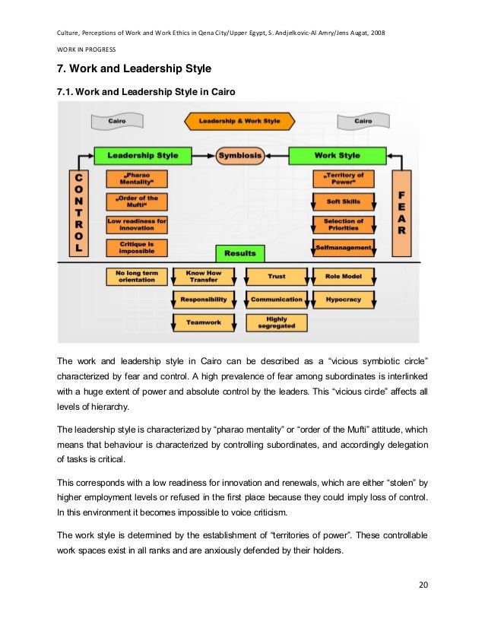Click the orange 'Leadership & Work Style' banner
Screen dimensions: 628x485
[239, 120]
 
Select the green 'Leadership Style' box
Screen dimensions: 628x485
[142, 155]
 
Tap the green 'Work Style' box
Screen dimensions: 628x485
[338, 155]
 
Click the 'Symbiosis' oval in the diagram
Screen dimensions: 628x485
[239, 155]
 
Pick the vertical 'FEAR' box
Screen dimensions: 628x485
[401, 212]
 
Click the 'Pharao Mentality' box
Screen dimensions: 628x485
[137, 179]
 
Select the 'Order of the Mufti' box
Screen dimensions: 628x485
[137, 201]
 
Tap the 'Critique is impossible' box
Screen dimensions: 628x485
[137, 247]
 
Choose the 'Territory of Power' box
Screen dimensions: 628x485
[343, 179]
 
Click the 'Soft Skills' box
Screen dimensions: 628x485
[343, 201]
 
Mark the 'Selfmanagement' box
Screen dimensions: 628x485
[343, 247]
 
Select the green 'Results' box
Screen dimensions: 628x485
[239, 252]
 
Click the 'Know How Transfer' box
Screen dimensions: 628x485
[198, 275]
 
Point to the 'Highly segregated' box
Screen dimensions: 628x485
[277, 322]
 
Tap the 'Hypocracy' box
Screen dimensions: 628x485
[343, 300]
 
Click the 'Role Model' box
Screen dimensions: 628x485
[343, 276]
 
